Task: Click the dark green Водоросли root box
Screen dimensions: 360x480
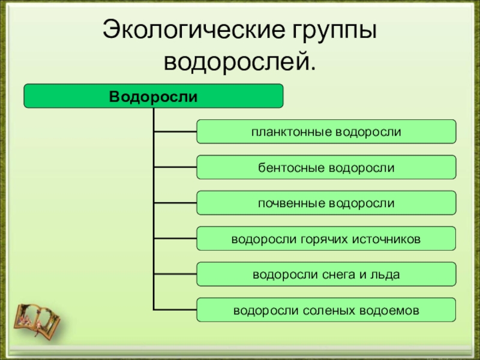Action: [x=153, y=96]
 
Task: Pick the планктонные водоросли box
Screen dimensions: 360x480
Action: [x=326, y=131]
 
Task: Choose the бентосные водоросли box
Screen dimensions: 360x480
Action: [x=326, y=167]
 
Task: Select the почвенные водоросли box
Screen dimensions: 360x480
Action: [x=326, y=203]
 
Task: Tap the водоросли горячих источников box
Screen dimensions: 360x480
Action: [x=326, y=239]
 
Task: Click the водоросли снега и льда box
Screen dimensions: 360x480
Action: [x=326, y=275]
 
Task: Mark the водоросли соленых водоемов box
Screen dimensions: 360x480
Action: [x=326, y=311]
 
